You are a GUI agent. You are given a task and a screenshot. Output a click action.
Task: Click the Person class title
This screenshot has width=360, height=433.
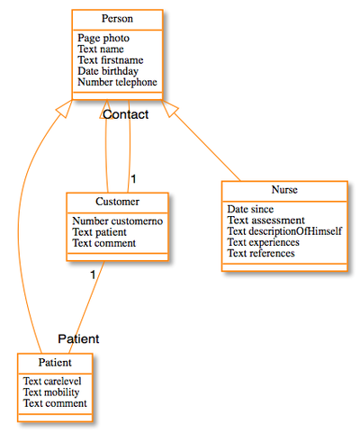pyautogui.click(x=117, y=20)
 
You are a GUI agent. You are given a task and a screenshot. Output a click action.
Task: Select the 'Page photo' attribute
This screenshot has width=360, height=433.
pyautogui.click(x=103, y=39)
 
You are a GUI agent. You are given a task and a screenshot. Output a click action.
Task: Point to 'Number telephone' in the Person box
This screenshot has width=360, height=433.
pyautogui.click(x=117, y=82)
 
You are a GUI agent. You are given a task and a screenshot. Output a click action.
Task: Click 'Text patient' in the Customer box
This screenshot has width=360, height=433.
pyautogui.click(x=100, y=231)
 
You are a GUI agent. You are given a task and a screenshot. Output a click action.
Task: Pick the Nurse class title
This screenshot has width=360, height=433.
pyautogui.click(x=283, y=191)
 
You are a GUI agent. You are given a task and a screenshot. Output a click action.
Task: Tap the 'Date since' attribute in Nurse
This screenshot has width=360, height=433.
pyautogui.click(x=250, y=209)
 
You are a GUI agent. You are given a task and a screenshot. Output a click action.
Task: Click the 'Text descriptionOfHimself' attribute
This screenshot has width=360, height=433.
pyautogui.click(x=283, y=231)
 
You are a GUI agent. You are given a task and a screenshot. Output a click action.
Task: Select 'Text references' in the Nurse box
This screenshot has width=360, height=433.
pyautogui.click(x=260, y=253)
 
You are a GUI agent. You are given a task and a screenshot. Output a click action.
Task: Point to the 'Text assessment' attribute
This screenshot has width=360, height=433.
pyautogui.click(x=265, y=221)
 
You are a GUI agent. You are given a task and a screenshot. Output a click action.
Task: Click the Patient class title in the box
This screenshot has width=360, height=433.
pyautogui.click(x=55, y=362)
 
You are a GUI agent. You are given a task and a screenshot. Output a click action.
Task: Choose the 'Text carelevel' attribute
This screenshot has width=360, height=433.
pyautogui.click(x=54, y=382)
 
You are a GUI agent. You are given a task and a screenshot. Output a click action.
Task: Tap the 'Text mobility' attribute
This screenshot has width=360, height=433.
pyautogui.click(x=51, y=392)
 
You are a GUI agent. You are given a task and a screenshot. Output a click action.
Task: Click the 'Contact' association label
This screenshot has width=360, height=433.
pyautogui.click(x=125, y=114)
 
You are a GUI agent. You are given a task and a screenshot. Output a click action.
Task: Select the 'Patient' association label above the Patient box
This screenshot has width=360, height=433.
pyautogui.click(x=78, y=338)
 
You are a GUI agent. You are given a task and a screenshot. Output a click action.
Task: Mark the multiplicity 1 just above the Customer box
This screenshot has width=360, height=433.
pyautogui.click(x=133, y=178)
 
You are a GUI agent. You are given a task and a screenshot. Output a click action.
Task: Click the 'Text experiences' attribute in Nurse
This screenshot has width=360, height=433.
pyautogui.click(x=265, y=242)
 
